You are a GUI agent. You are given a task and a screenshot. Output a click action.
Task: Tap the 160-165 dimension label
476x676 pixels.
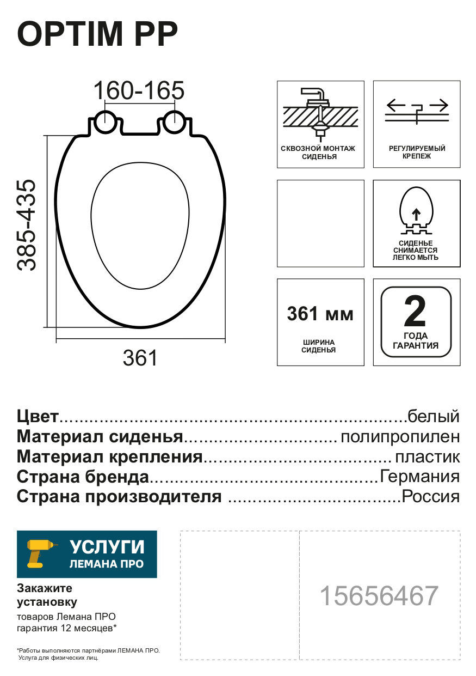(139, 90)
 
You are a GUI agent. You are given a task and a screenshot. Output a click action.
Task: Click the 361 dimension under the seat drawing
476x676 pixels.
(140, 358)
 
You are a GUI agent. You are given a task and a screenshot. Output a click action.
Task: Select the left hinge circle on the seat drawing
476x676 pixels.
(104, 122)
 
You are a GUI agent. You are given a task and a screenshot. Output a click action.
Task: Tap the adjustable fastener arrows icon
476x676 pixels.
(416, 111)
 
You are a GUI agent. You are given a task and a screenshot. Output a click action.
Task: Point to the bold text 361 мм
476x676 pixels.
(320, 314)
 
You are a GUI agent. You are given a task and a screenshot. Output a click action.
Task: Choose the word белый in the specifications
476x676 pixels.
(434, 417)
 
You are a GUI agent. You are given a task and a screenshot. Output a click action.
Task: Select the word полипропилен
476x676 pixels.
(400, 437)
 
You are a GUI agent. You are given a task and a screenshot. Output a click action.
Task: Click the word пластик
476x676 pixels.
(427, 456)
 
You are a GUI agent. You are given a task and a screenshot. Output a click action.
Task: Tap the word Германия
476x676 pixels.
(419, 477)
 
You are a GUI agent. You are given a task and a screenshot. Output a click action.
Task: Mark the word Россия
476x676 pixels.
(430, 497)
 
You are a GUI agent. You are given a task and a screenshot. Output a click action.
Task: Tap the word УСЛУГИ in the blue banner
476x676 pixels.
(107, 547)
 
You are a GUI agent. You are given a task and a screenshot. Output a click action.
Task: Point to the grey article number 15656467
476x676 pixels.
(379, 596)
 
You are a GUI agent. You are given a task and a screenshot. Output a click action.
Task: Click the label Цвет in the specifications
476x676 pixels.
(38, 417)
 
